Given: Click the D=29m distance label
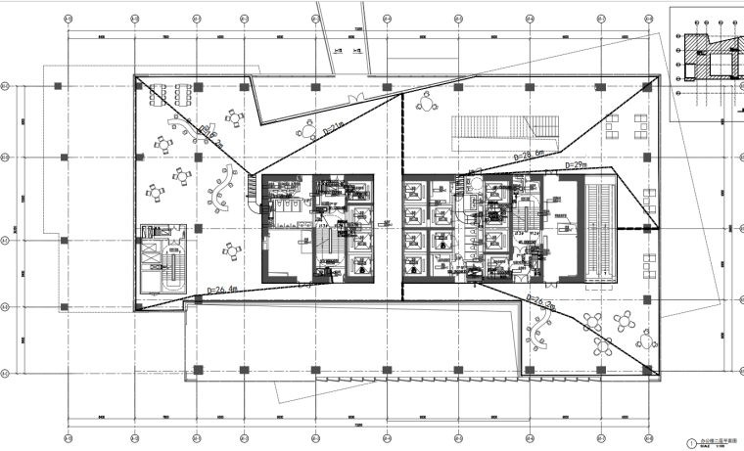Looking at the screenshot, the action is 575,166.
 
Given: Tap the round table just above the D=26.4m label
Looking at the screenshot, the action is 232,253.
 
